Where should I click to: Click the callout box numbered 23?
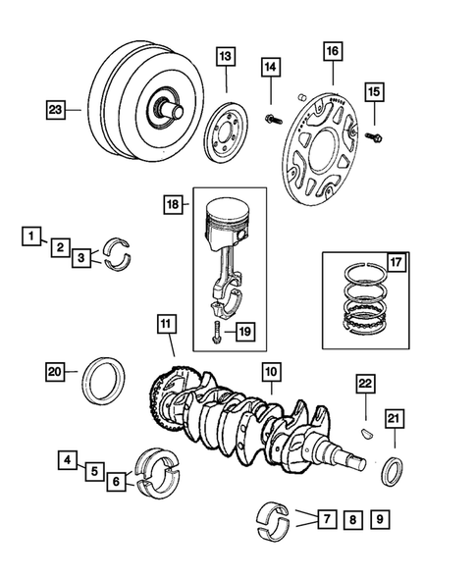coord(56,110)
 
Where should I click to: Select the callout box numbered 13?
coord(226,58)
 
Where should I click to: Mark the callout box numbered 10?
coord(271,372)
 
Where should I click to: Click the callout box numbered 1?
coord(32,236)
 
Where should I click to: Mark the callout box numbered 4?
coord(68,458)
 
